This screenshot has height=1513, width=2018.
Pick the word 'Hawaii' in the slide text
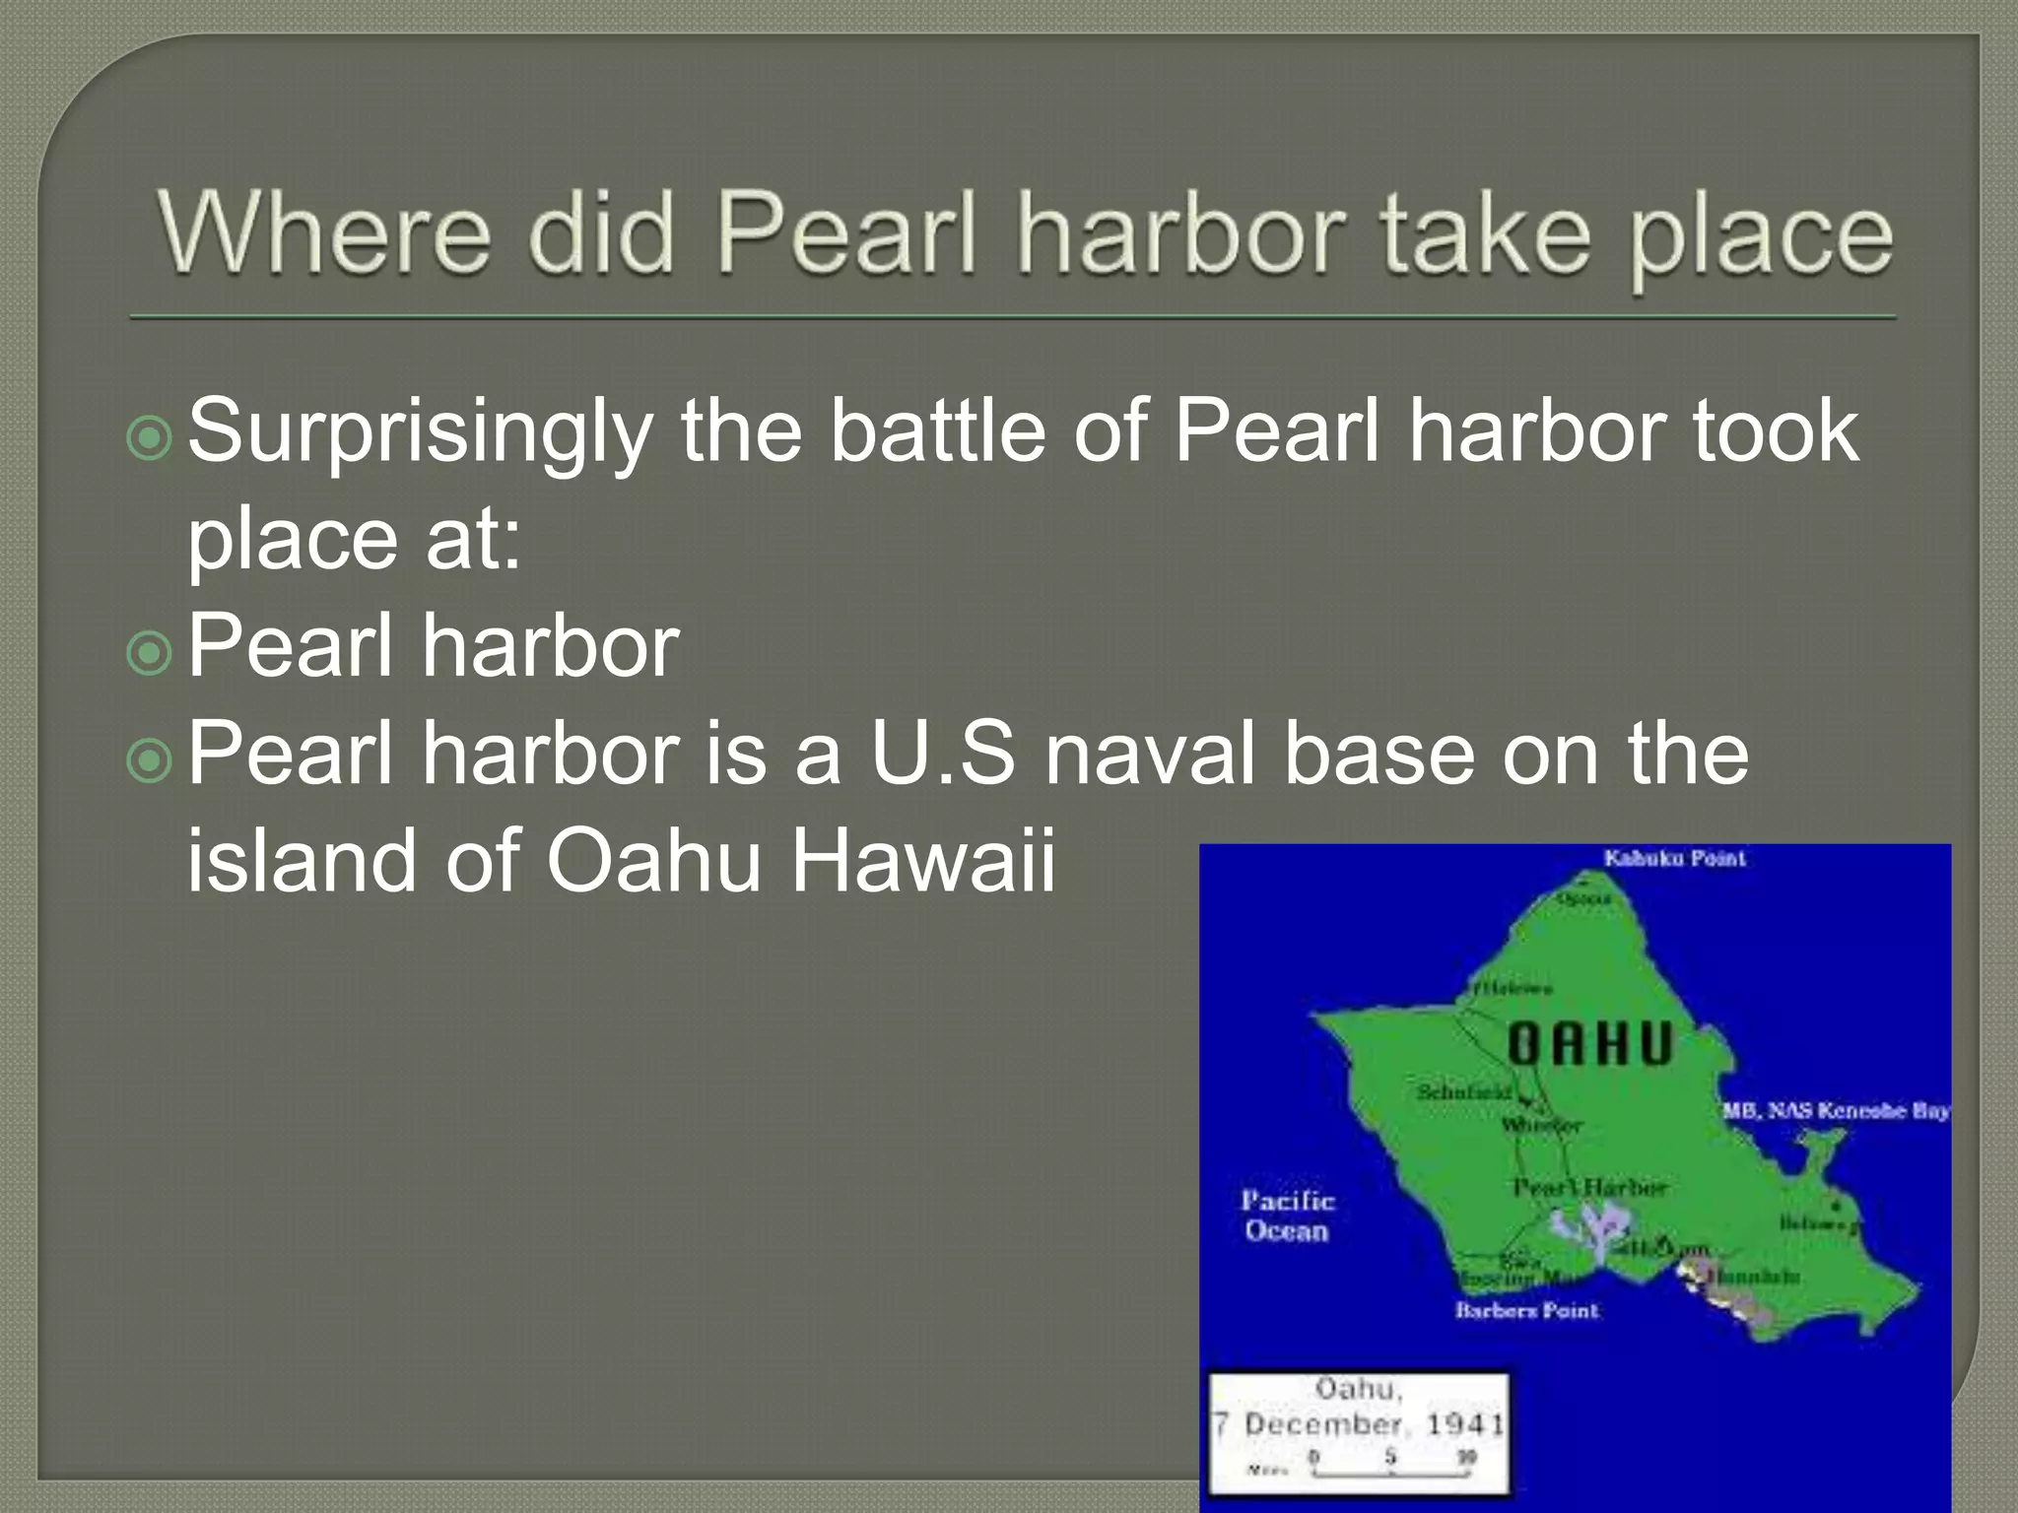(923, 860)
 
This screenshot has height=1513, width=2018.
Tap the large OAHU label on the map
(1590, 1045)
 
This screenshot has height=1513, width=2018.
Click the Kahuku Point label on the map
(1674, 858)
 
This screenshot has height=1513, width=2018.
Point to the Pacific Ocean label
(1287, 1216)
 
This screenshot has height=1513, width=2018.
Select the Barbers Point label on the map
(1526, 1310)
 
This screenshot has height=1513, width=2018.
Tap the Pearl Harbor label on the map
(1588, 1188)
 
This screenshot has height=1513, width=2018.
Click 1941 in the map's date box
(1465, 1424)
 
